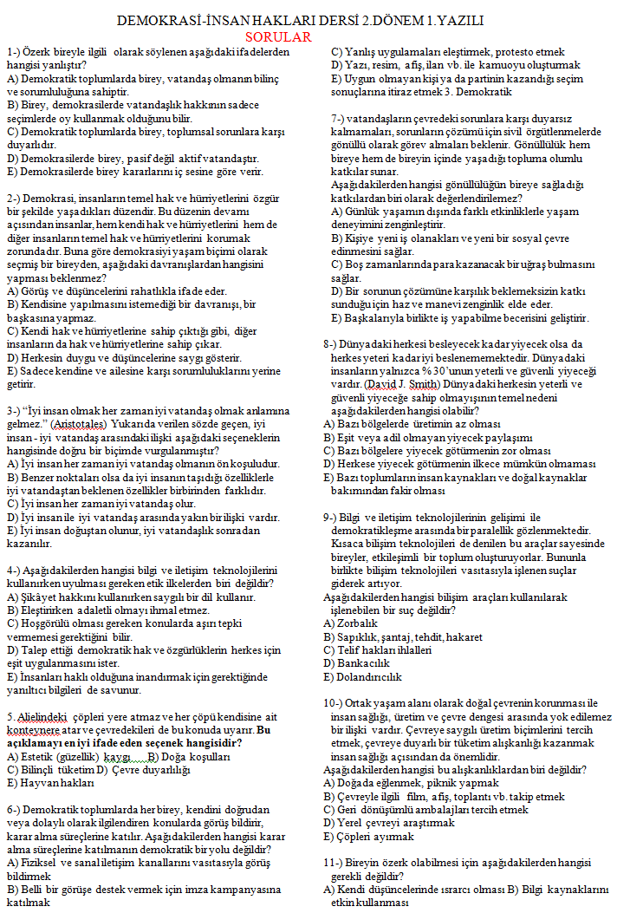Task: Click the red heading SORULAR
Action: (x=277, y=36)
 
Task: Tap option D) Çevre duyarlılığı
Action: (x=142, y=769)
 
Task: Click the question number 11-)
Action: (x=337, y=864)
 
